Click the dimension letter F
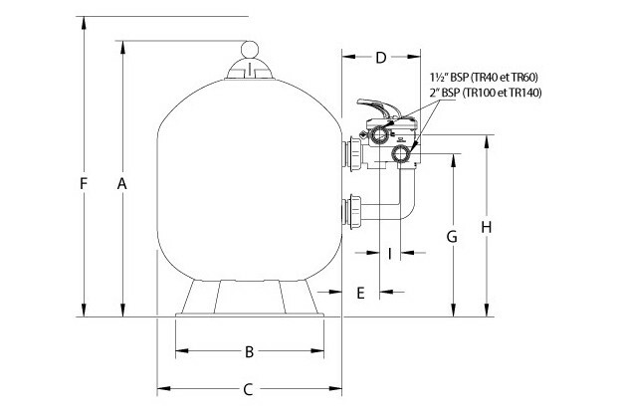tap(86, 184)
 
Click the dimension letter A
tap(121, 183)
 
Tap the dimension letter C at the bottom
tap(250, 389)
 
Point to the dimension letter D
tap(380, 57)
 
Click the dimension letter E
tap(360, 292)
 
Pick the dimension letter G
tap(452, 237)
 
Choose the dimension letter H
tap(487, 227)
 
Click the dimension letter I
tap(390, 253)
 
